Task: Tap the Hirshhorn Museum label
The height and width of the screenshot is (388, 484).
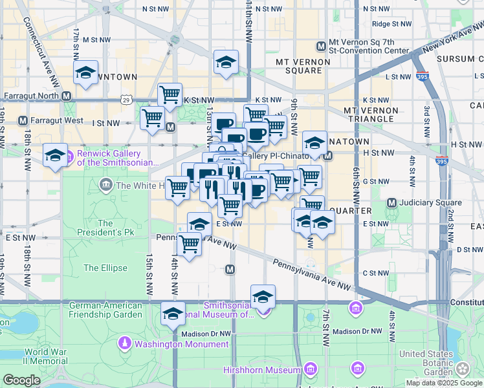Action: [268, 370]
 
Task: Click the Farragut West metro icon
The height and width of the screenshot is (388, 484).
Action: [23, 121]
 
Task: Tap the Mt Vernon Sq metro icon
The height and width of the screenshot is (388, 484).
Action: [321, 46]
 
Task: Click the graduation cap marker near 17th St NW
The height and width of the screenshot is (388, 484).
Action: [85, 74]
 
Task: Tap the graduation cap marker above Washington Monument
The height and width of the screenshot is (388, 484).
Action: [173, 314]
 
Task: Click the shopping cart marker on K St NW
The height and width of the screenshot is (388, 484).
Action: [170, 96]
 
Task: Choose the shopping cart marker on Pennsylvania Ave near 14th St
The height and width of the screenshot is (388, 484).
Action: [189, 245]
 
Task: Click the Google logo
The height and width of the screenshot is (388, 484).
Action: [21, 380]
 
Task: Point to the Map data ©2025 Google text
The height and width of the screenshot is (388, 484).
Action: [444, 383]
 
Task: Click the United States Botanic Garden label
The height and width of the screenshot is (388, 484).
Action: [425, 363]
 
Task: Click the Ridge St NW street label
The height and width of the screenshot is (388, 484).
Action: [392, 23]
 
